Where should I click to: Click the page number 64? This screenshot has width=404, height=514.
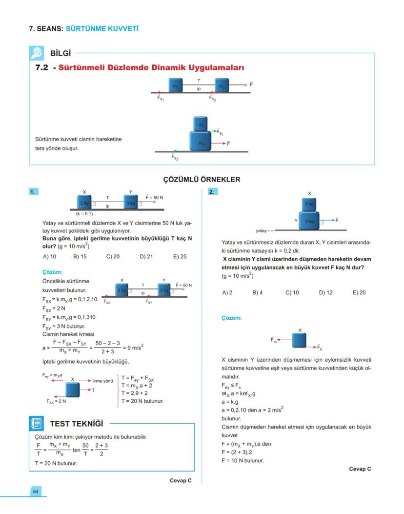[36, 491]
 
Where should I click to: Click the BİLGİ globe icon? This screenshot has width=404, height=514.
[37, 53]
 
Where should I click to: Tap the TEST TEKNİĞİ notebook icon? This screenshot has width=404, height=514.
[37, 423]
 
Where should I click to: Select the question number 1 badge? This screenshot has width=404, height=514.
[33, 192]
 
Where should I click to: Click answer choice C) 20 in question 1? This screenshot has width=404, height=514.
[113, 256]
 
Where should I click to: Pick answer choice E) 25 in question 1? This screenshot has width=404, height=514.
[180, 256]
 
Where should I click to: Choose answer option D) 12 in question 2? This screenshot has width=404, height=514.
[325, 292]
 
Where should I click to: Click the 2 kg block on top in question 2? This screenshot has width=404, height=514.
[309, 204]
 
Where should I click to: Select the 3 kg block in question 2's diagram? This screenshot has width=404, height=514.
[309, 221]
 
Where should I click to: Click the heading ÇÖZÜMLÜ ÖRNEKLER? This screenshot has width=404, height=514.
[202, 180]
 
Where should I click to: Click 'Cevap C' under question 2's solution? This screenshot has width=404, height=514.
[360, 469]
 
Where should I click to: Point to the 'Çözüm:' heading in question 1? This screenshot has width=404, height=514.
[53, 272]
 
